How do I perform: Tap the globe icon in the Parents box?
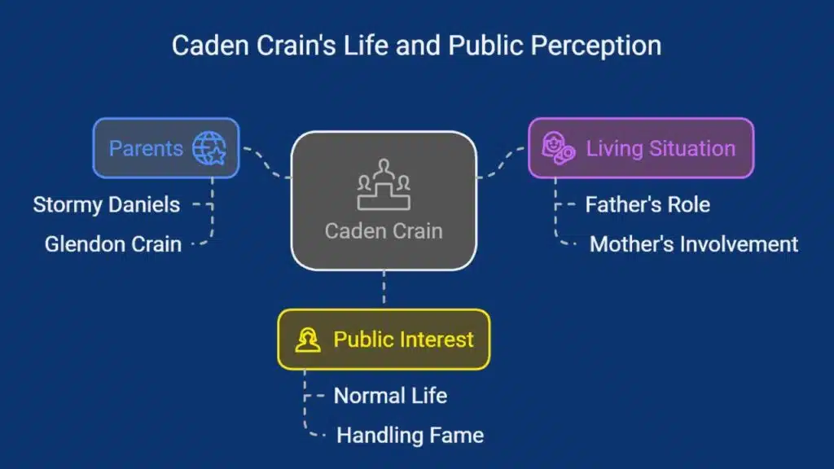[208, 148]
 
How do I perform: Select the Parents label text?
[146, 148]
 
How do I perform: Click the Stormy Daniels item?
[107, 204]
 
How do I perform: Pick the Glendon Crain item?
[112, 243]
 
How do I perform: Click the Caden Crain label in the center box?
[384, 230]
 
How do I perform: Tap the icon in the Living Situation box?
[559, 149]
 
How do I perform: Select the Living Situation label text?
[661, 148]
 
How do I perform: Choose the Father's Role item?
[647, 204]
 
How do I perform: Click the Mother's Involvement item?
[694, 243]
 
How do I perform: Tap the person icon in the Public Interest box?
[308, 340]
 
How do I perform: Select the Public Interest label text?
[403, 340]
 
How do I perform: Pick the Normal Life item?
[390, 397]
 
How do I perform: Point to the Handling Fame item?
[410, 436]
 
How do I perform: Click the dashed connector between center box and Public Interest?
[384, 290]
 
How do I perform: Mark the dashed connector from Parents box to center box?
[266, 163]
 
